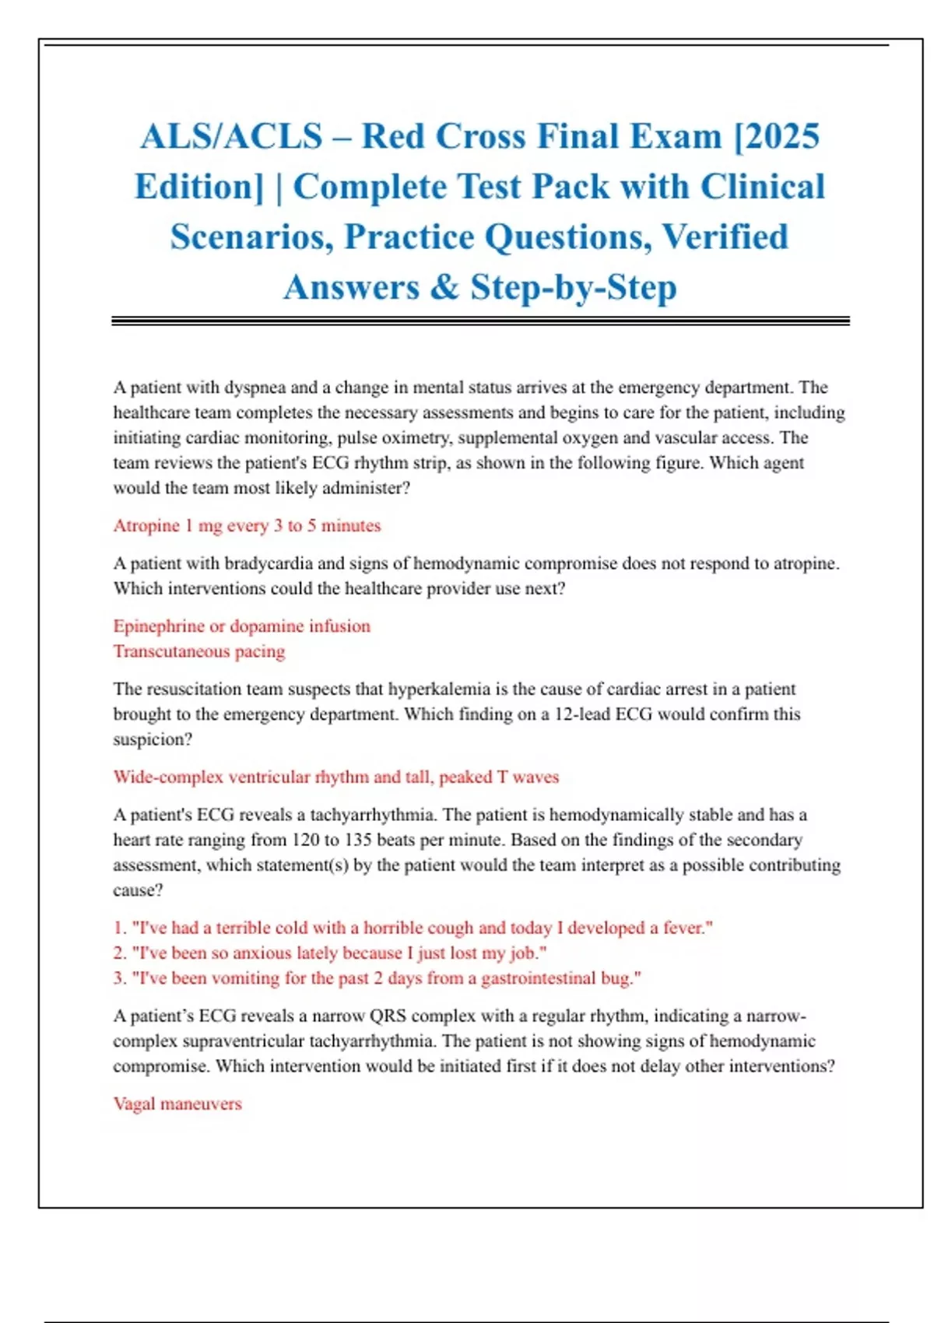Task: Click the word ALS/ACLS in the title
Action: coord(231,137)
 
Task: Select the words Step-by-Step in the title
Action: coord(573,287)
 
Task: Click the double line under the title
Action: coord(480,321)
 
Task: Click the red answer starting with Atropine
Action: coord(247,526)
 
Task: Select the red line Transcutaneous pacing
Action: coord(199,651)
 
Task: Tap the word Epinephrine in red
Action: coord(159,626)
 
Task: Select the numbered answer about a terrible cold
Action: coord(413,928)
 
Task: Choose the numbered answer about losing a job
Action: coord(330,953)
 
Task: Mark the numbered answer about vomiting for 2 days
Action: coord(377,978)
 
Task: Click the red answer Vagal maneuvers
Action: coord(177,1104)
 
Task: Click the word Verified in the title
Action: coord(725,237)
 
